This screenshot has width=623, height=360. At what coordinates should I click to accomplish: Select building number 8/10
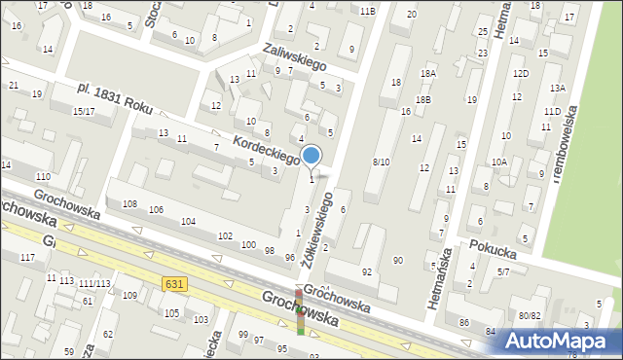tap(381, 162)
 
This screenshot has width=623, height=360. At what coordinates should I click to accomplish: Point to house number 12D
tap(521, 74)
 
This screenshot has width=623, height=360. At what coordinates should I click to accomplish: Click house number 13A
tap(557, 88)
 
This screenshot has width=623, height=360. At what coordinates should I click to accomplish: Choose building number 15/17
tap(83, 112)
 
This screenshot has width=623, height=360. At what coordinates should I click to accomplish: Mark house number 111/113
tap(94, 283)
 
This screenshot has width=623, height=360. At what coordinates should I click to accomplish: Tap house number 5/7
tap(502, 272)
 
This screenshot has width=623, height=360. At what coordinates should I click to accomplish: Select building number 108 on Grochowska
tap(129, 203)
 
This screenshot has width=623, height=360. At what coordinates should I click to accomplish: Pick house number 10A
tap(499, 162)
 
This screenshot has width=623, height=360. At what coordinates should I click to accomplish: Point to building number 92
tap(366, 270)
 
